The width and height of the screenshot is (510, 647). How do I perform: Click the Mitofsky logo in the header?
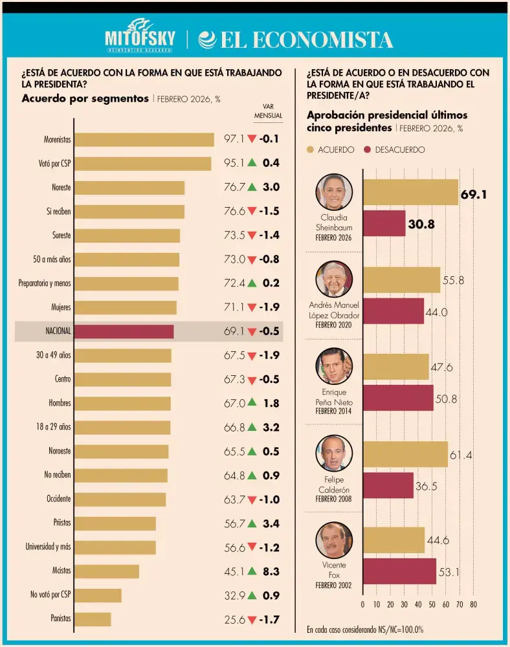pos(140,37)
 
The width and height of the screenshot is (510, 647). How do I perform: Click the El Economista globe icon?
pos(207,39)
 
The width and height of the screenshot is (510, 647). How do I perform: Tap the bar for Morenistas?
pos(144,140)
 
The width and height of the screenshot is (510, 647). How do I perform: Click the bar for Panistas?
pos(93,619)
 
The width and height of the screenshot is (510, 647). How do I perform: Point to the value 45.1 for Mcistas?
pos(234,571)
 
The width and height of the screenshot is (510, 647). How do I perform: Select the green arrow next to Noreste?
pos(252,187)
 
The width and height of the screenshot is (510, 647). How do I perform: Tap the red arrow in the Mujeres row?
pos(252,307)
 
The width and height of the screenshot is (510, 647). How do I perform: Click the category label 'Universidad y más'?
pos(48,547)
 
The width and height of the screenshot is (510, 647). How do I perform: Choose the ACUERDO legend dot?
pos(311,149)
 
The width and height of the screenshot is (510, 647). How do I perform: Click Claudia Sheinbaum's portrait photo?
pos(334,192)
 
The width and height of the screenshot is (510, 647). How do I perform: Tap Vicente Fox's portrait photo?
pos(334,540)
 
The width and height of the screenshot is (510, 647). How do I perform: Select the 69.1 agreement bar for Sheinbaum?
pos(410,193)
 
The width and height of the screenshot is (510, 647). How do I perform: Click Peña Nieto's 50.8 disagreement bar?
pos(398,398)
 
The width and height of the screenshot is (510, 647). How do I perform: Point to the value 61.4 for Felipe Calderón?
pos(460,455)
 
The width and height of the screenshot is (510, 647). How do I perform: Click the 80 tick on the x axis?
pos(473,604)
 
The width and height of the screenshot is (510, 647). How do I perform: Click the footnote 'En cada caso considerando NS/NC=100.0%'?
pos(365,629)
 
